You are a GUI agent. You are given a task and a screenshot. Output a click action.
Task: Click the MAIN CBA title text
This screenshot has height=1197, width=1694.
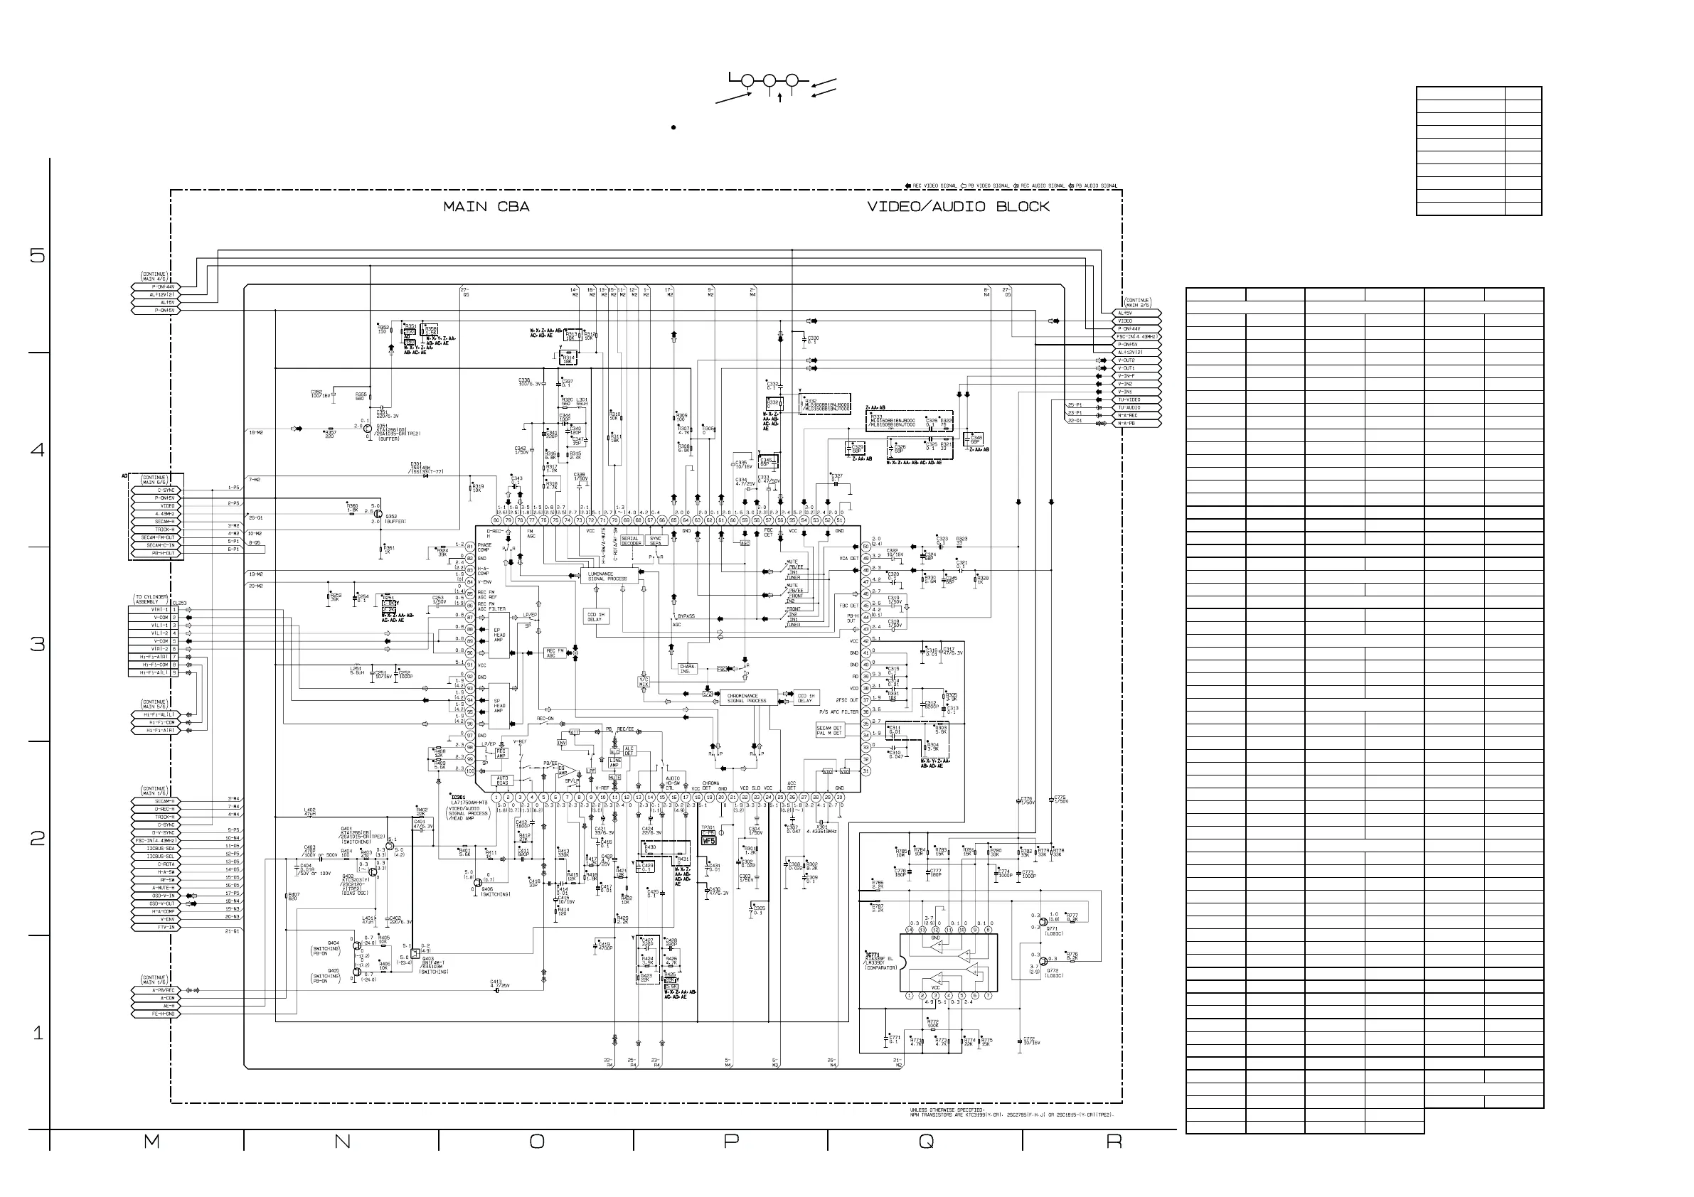coord(486,208)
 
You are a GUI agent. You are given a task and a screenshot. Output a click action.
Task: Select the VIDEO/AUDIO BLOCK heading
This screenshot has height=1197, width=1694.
coord(958,208)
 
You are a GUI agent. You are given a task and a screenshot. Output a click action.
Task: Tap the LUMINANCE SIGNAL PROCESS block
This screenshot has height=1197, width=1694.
coord(608,576)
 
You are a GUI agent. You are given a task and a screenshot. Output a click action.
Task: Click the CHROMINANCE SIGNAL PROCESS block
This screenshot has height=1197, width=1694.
coord(747,698)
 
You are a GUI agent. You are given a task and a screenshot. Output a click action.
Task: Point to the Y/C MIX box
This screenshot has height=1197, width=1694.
coord(644,682)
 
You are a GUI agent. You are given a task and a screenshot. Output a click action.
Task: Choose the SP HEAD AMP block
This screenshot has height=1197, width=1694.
coord(499,706)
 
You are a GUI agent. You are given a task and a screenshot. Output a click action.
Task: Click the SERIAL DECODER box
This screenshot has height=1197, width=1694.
coord(630,540)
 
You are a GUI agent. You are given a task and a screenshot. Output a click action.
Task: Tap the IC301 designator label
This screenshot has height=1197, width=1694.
coord(458,798)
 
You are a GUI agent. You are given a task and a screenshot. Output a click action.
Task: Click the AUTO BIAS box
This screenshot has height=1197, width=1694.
coord(503,780)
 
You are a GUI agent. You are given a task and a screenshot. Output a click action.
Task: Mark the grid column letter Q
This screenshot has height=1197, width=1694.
coord(926,1142)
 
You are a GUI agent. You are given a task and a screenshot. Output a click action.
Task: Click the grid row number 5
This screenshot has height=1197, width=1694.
coord(37,256)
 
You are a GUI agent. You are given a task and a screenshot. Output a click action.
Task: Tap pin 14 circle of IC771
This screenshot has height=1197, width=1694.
coord(910,930)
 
